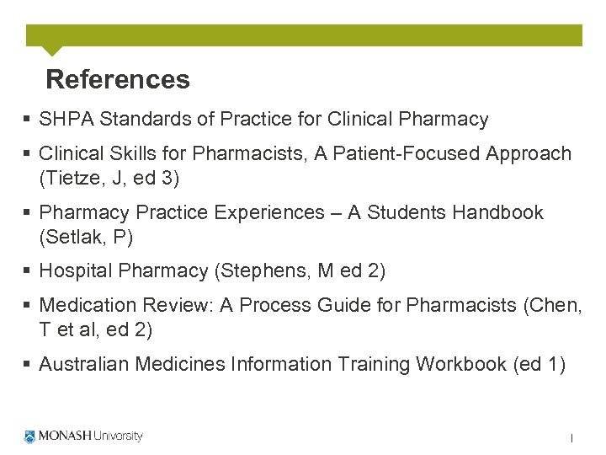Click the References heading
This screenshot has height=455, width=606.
[x=118, y=80]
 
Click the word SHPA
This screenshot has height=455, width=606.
[x=67, y=120]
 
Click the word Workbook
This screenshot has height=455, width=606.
[x=462, y=364]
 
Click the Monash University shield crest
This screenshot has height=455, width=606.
[x=30, y=436]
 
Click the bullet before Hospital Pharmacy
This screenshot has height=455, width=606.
[x=28, y=271]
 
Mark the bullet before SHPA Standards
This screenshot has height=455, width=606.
[x=28, y=120]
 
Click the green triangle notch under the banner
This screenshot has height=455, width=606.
[x=51, y=50]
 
